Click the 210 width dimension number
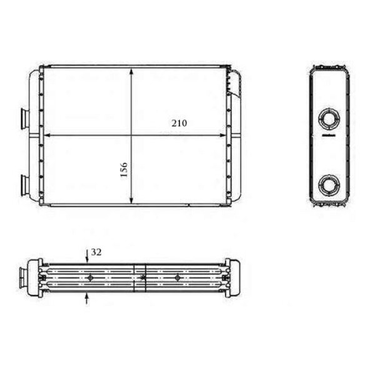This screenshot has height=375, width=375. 179,123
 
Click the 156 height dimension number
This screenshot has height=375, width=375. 123,169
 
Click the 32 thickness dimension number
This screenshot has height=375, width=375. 96,252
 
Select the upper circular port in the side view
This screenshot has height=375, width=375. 329,117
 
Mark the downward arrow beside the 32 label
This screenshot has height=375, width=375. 87,256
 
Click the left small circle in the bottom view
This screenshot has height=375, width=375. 91,277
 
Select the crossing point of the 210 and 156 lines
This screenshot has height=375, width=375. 131,135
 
